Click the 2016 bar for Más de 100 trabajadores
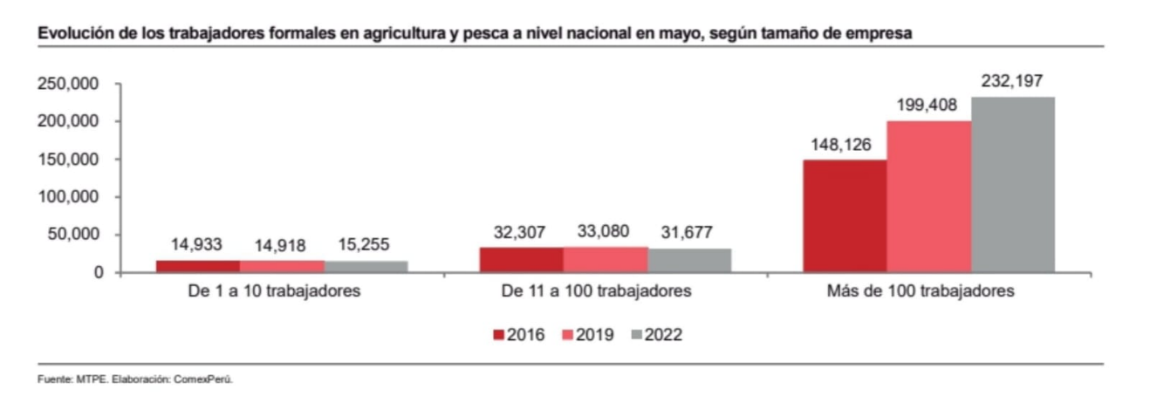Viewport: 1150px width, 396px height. tap(845, 216)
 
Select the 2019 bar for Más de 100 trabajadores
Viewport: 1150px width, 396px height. tap(928, 196)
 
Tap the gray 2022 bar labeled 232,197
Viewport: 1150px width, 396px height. tap(1012, 184)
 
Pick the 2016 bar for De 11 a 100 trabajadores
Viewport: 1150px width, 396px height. tap(521, 260)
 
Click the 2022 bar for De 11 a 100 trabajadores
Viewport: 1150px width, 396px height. tap(689, 261)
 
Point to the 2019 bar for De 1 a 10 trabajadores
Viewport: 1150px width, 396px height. tap(281, 266)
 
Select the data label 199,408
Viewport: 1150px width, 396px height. tap(928, 106)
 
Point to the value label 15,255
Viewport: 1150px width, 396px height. tap(365, 246)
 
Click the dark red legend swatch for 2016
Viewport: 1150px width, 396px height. tap(498, 334)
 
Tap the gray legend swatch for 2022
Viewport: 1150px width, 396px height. tap(634, 334)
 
